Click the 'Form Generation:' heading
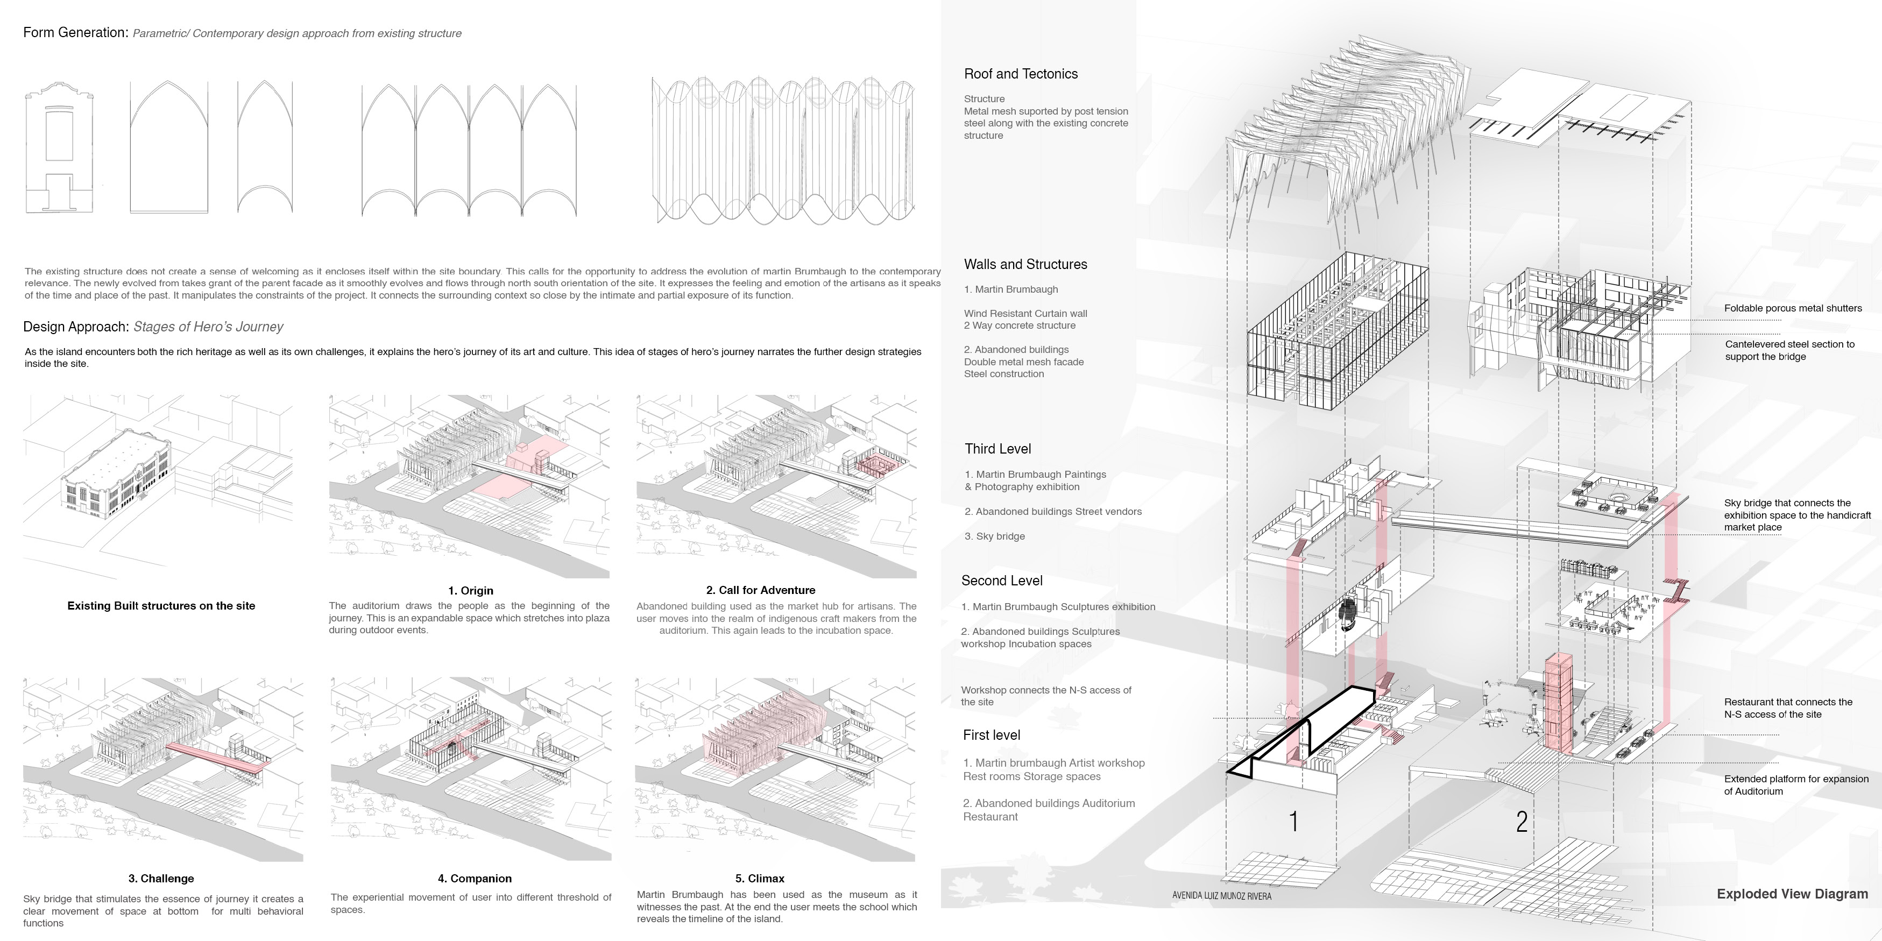(x=75, y=33)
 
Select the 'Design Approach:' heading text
(x=76, y=327)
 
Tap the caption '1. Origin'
(x=470, y=590)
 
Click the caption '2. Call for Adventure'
(x=761, y=590)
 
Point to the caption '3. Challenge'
(x=161, y=878)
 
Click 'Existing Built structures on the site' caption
(x=161, y=606)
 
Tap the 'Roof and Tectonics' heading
(x=1021, y=74)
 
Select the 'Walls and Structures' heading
(x=1025, y=265)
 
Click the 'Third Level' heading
(x=997, y=449)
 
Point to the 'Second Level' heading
(x=1002, y=581)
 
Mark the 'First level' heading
(x=992, y=735)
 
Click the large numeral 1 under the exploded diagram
(x=1294, y=821)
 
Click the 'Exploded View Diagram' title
(x=1792, y=894)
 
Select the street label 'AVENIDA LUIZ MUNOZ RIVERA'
(x=1221, y=896)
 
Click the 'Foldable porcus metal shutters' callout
(x=1793, y=308)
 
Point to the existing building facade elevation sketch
(x=59, y=149)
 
